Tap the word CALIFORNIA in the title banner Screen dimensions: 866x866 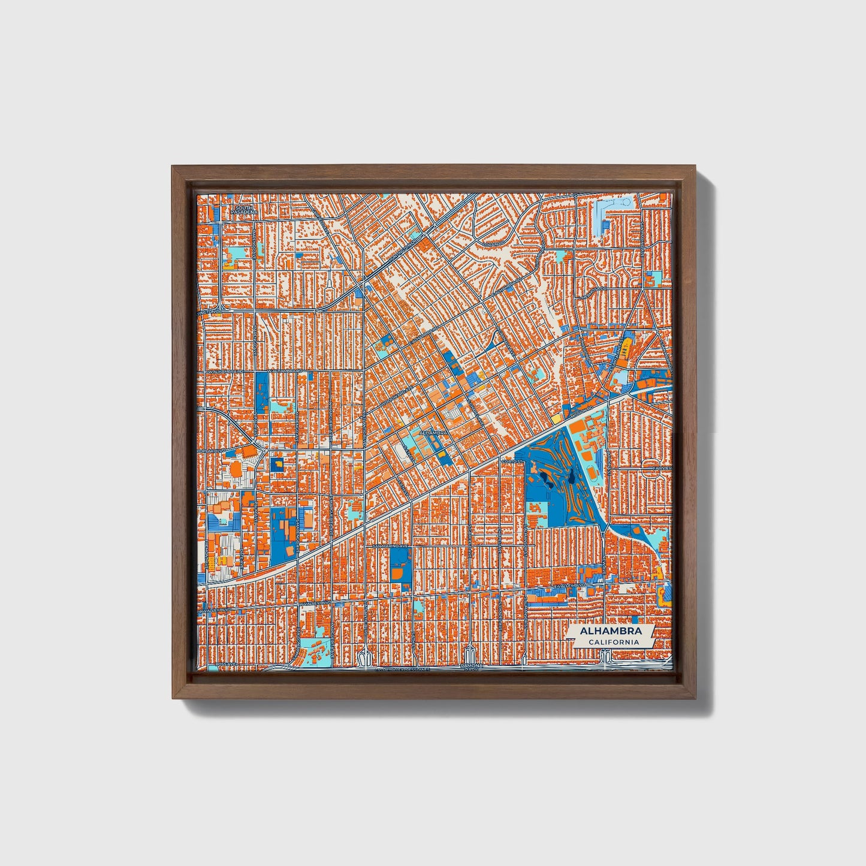612,642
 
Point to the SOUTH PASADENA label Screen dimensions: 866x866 245,210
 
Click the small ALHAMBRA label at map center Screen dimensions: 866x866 434,432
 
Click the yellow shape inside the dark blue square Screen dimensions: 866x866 277,464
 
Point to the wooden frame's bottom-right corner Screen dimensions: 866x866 697,698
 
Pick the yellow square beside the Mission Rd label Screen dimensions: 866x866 556,418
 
